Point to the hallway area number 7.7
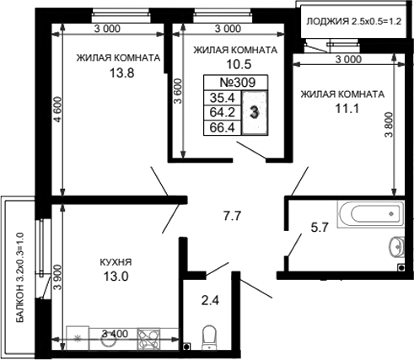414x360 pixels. [232, 217]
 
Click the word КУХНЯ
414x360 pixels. [115, 262]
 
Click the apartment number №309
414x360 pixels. [237, 84]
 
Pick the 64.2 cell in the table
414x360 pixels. [223, 114]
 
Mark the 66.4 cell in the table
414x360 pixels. [223, 128]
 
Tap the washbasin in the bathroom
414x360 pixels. [396, 247]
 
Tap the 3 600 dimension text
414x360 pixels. [177, 89]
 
